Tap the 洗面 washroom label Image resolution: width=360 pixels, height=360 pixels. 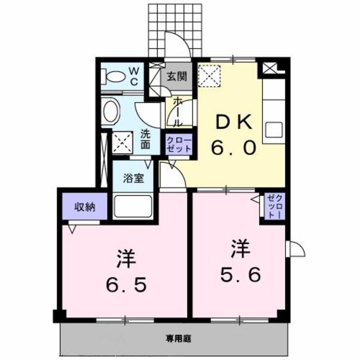tap(146, 139)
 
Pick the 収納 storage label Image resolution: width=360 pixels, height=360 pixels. tap(85, 206)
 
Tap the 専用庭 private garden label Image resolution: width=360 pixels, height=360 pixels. tap(179, 339)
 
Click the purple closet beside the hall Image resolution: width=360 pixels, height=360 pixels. tap(179, 145)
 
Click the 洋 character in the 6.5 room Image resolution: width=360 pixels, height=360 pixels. tap(124, 258)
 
